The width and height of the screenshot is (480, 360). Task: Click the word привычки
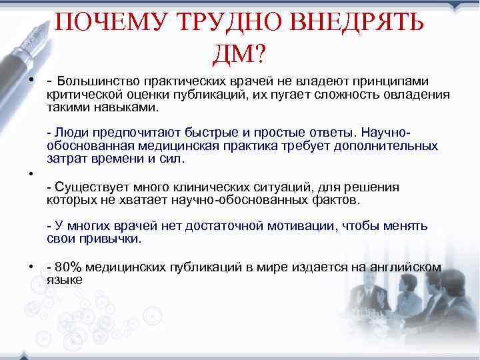click(113, 238)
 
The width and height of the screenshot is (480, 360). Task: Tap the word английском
click(409, 267)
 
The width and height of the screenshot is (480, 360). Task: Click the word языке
click(65, 280)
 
